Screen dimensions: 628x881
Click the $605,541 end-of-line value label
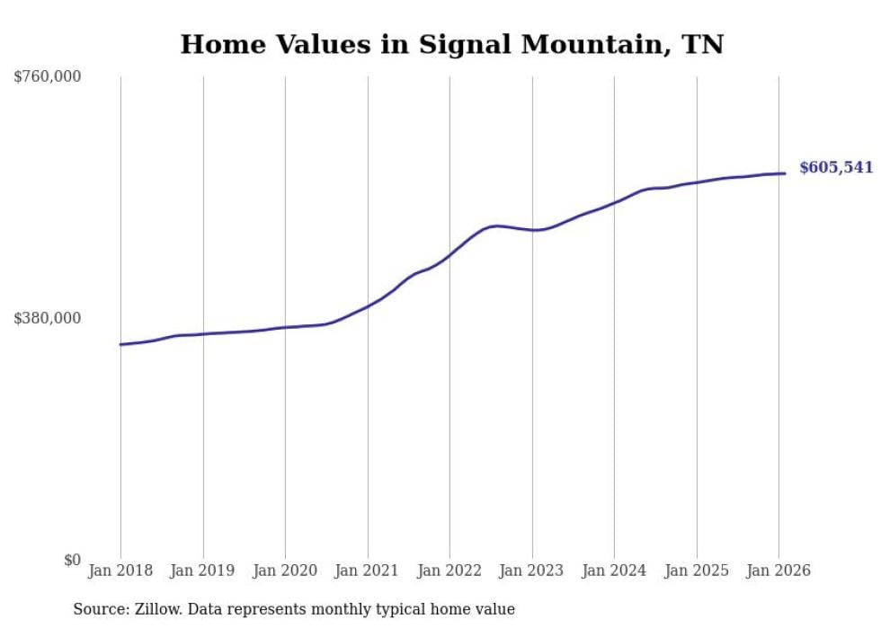pyautogui.click(x=835, y=168)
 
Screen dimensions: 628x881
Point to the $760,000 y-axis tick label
pyautogui.click(x=48, y=77)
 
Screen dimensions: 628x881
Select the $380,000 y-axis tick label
pyautogui.click(x=48, y=318)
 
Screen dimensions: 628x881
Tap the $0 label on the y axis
pyautogui.click(x=72, y=560)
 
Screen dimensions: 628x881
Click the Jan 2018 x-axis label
pyautogui.click(x=120, y=571)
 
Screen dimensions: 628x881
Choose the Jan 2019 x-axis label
pyautogui.click(x=203, y=571)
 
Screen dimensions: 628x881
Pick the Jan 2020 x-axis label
pyautogui.click(x=285, y=571)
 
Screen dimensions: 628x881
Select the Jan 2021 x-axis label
pyautogui.click(x=368, y=571)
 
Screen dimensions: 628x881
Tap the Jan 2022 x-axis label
pyautogui.click(x=449, y=571)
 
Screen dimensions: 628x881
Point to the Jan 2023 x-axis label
pyautogui.click(x=532, y=571)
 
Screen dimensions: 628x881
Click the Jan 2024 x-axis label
pyautogui.click(x=614, y=571)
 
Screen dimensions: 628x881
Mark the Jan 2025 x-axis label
pyautogui.click(x=697, y=571)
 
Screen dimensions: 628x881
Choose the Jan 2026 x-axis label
pyautogui.click(x=779, y=571)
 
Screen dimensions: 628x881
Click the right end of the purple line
pyautogui.click(x=785, y=173)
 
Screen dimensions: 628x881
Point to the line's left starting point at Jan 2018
pyautogui.click(x=121, y=344)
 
